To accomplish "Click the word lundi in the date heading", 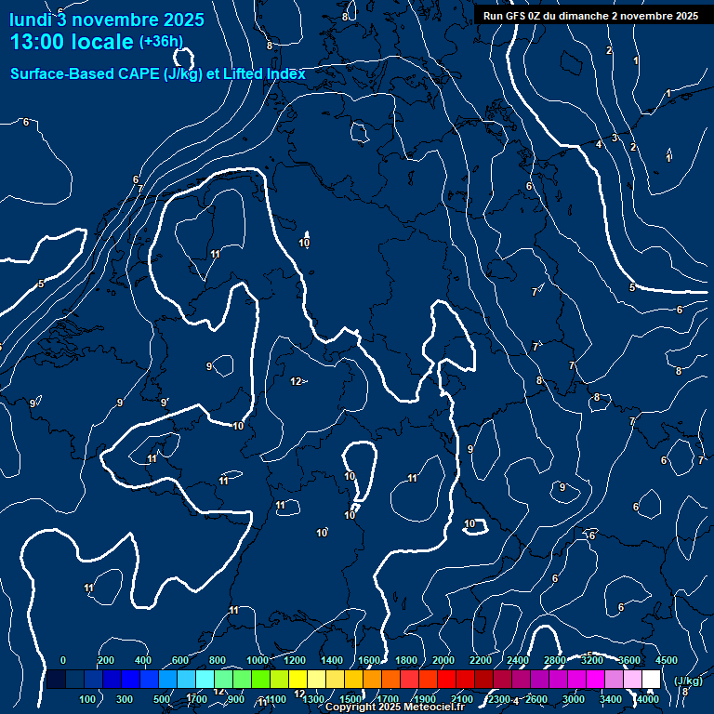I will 30,20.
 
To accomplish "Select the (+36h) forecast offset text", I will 161,42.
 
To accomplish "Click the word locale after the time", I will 103,42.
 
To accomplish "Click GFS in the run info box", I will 514,16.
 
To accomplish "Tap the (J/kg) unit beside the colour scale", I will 687,681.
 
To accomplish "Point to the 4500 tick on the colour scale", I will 667,660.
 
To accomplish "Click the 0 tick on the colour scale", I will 63,660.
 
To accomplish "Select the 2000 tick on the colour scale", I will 443,660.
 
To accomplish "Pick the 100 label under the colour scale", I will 89,699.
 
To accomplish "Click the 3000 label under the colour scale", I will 574,699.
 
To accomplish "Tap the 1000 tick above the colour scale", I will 258,660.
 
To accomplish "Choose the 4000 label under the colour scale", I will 648,699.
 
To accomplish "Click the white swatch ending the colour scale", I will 651,680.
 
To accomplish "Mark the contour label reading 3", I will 615,138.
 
